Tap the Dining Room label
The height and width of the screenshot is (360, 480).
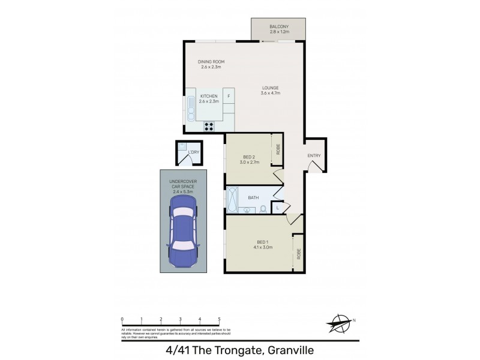(211, 64)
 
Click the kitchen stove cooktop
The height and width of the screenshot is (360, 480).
(209, 126)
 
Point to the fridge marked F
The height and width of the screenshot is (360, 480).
(229, 96)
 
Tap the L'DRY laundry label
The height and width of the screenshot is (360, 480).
(193, 152)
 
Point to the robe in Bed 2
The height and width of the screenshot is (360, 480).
(278, 150)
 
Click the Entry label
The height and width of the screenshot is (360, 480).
(314, 156)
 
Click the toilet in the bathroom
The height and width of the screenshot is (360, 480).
(262, 209)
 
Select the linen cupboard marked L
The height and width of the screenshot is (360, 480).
(277, 208)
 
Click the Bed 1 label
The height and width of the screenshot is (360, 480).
(263, 244)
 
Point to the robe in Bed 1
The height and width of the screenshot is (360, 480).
(297, 253)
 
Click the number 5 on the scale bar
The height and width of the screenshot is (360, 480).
(219, 319)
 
